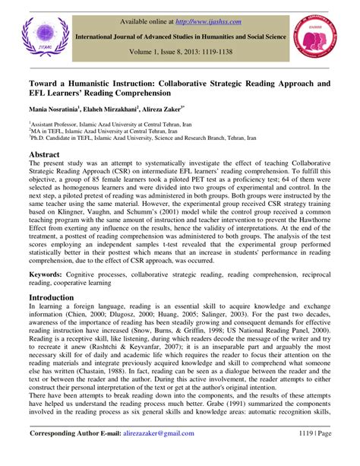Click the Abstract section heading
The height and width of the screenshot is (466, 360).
point(49,152)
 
